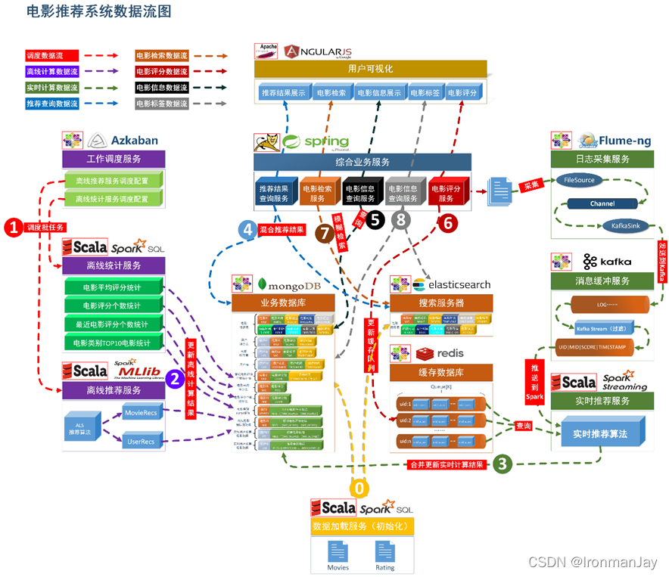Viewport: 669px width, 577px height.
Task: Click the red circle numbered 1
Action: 13,226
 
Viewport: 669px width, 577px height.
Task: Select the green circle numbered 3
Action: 503,464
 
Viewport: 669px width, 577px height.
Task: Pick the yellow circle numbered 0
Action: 361,488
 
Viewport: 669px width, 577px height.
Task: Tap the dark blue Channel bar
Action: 602,203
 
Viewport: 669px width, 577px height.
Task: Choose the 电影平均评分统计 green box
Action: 113,287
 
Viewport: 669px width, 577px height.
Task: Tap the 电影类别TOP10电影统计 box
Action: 113,343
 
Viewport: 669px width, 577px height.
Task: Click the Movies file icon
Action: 338,554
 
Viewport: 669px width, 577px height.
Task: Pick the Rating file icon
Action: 385,554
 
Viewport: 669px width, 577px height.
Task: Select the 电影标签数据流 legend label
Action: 161,104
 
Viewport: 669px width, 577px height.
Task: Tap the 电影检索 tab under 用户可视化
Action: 331,93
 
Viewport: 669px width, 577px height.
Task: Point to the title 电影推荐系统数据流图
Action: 98,11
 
